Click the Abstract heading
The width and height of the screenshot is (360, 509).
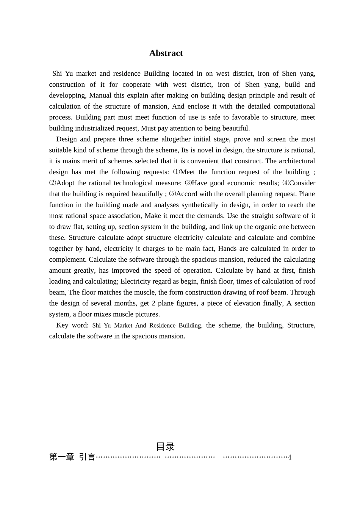[166, 53]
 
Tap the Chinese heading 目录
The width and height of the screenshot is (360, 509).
[165, 447]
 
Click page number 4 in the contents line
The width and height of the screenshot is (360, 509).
[290, 457]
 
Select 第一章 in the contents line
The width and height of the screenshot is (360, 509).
[62, 457]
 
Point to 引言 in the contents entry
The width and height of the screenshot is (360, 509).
[87, 457]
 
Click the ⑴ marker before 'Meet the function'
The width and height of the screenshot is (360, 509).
[176, 172]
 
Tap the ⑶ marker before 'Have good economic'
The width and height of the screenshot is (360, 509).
[188, 183]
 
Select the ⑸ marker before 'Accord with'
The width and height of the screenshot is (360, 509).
[172, 194]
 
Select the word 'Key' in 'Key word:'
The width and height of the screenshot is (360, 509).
[62, 325]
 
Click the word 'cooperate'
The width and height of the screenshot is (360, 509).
[136, 84]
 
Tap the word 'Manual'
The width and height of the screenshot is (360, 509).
[100, 95]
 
